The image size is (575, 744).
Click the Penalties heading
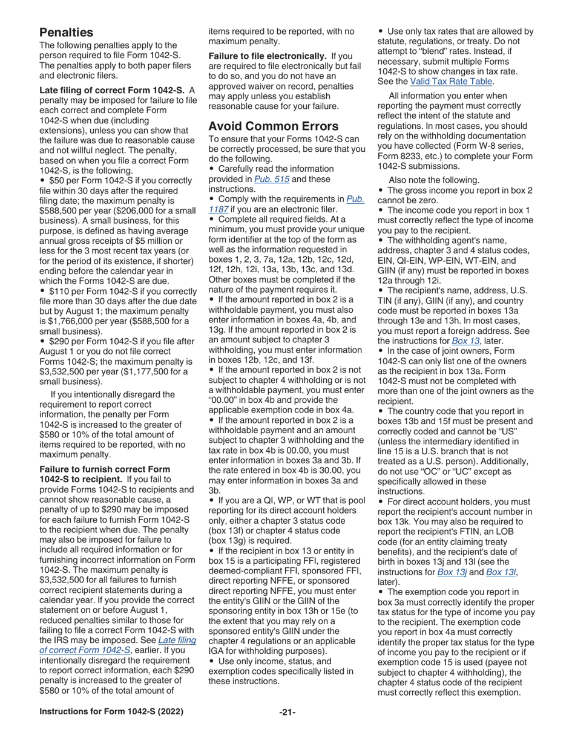tap(67, 31)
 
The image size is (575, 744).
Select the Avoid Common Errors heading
tap(273, 126)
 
